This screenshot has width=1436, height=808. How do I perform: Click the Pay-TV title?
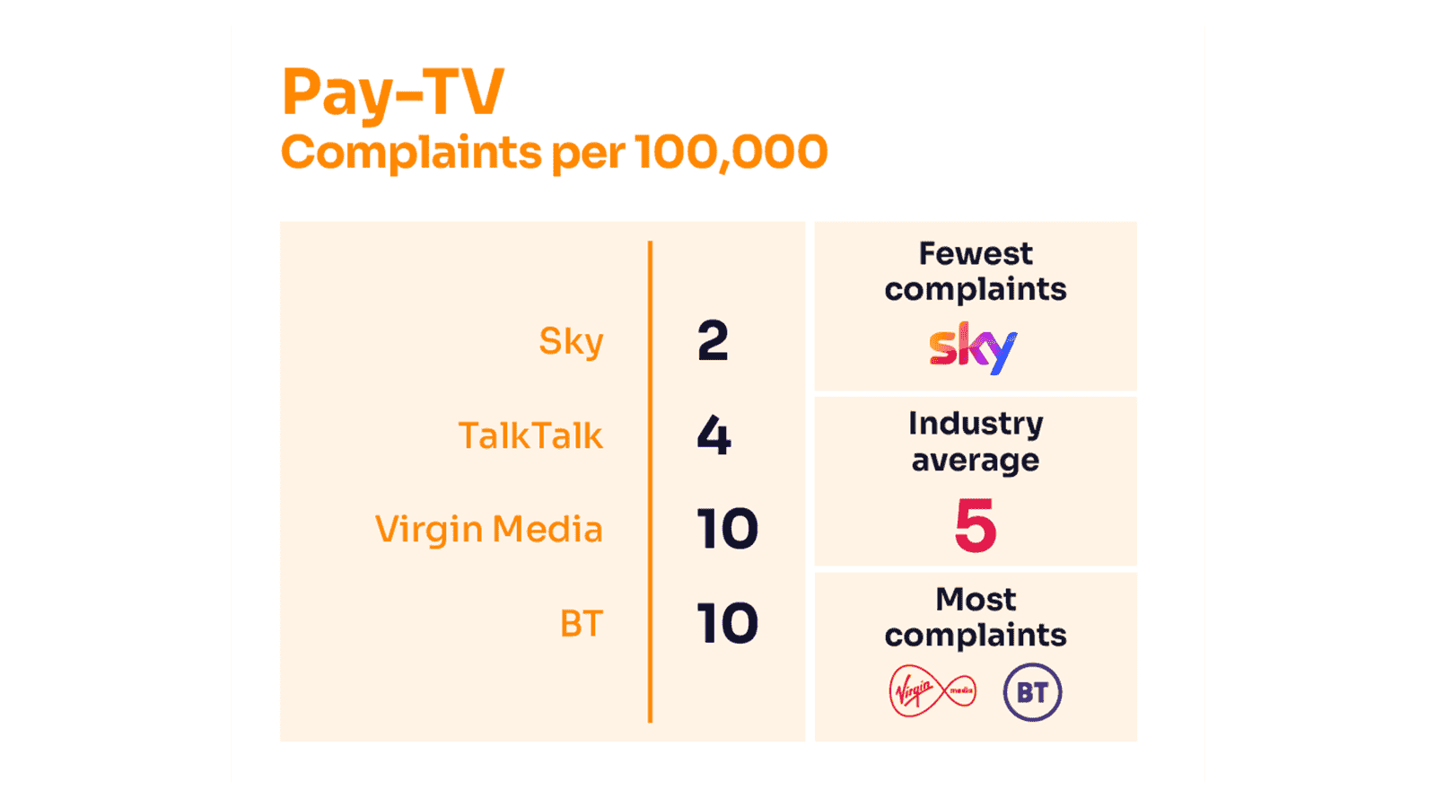tap(392, 92)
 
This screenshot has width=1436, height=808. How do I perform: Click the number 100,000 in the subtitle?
tap(731, 153)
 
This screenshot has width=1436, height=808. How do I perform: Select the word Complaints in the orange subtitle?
tap(411, 153)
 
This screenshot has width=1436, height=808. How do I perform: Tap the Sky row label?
tap(571, 342)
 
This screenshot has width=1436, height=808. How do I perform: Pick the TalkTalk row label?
tap(530, 436)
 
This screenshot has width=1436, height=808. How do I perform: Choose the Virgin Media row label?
tap(488, 530)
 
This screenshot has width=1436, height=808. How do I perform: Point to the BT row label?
tap(581, 624)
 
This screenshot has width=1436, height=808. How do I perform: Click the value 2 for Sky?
tap(713, 341)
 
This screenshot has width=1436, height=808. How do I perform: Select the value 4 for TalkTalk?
tap(714, 436)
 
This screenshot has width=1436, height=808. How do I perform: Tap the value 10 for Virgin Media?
tap(727, 530)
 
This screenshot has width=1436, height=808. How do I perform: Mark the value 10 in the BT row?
tap(727, 624)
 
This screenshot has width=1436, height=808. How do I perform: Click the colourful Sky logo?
tap(973, 347)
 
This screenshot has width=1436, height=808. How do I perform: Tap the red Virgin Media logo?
tap(932, 691)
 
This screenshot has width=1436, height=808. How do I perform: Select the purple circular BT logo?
tap(1032, 692)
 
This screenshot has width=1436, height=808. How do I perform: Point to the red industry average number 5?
tap(976, 526)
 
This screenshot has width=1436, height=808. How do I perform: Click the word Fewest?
tap(976, 254)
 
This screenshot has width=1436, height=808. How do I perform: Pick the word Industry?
tap(976, 424)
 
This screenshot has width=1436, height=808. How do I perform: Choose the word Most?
tap(976, 599)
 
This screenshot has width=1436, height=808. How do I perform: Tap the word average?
tap(976, 461)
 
